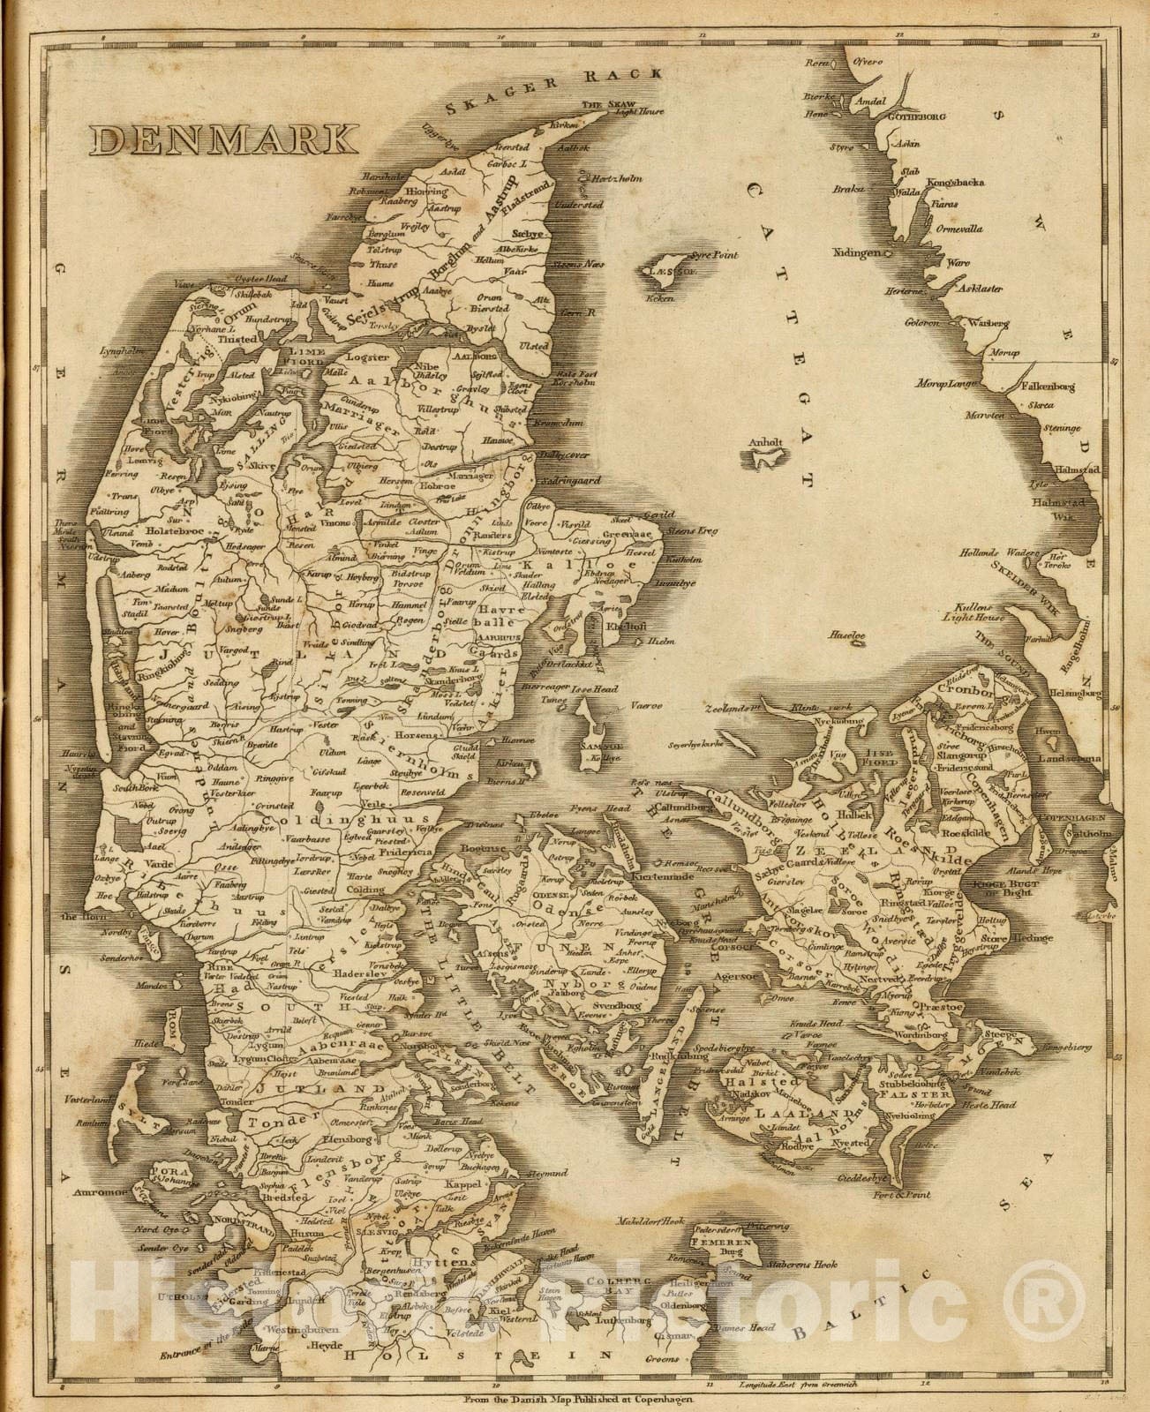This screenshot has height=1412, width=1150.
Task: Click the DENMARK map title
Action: pyautogui.click(x=223, y=139)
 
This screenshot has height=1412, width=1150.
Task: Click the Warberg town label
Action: pyautogui.click(x=988, y=324)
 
